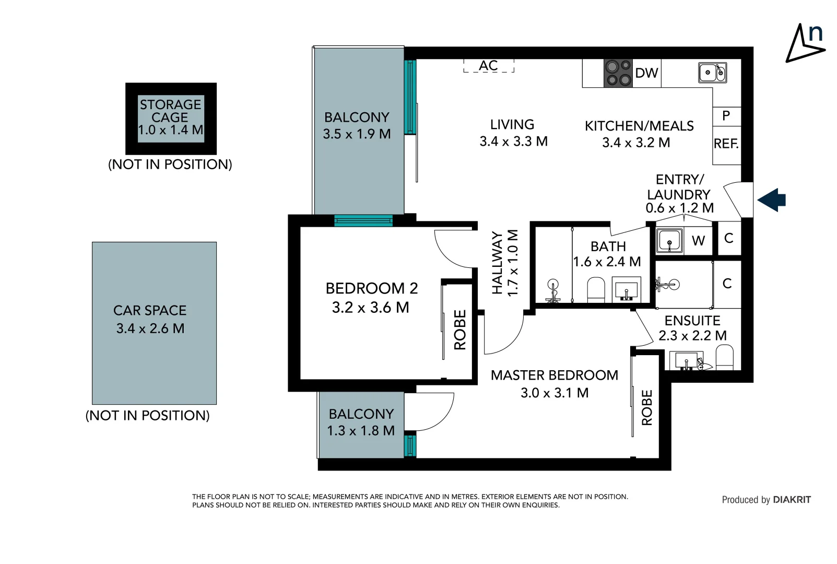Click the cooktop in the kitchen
click(618, 73)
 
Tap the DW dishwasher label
click(646, 73)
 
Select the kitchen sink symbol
click(712, 73)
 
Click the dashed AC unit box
click(489, 66)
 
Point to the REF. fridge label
click(726, 144)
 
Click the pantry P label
click(726, 116)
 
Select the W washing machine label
click(698, 241)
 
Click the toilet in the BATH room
click(596, 289)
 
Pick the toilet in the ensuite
click(724, 358)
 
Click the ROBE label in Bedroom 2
click(460, 330)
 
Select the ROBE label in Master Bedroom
click(647, 407)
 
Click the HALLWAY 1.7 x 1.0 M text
click(505, 263)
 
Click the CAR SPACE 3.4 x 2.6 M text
click(150, 319)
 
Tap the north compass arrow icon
click(805, 43)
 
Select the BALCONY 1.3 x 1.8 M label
click(361, 422)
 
